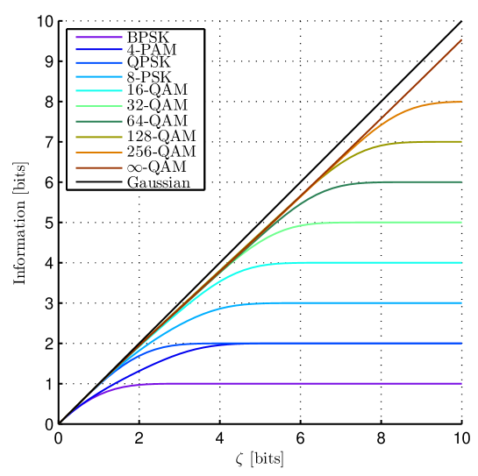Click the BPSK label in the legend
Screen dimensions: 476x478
(148, 38)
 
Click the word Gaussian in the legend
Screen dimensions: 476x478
(158, 182)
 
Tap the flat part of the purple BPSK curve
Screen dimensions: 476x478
(307, 384)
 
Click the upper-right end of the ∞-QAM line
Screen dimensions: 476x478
(460, 41)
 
